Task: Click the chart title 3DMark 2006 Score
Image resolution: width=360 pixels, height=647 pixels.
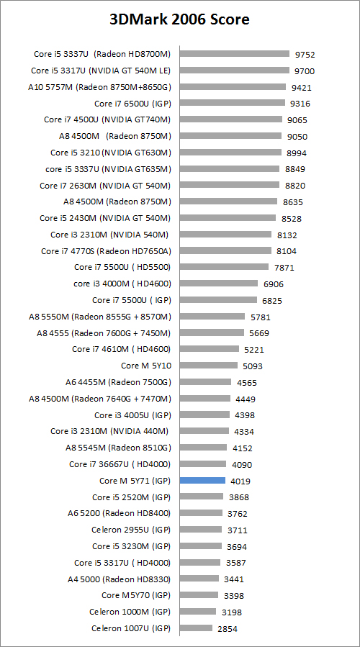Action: [179, 19]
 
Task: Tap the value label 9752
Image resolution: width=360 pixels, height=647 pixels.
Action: [305, 54]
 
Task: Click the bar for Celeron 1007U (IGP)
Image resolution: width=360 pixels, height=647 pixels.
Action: [196, 628]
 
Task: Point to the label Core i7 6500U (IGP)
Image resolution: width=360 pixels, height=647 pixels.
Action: [132, 103]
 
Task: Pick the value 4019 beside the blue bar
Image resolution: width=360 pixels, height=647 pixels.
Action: [240, 481]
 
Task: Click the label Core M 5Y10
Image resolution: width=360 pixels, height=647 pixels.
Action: [145, 366]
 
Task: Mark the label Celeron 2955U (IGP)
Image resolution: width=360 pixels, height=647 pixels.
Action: [131, 530]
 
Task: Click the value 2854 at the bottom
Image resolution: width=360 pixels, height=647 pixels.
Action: [227, 628]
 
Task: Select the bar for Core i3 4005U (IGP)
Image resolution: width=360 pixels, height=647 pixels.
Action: [204, 415]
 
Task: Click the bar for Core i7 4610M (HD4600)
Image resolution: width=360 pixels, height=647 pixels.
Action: [210, 349]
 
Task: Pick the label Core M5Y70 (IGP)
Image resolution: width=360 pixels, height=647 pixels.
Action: [136, 595]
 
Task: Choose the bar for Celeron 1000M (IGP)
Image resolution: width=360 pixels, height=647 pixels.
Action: [198, 612]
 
